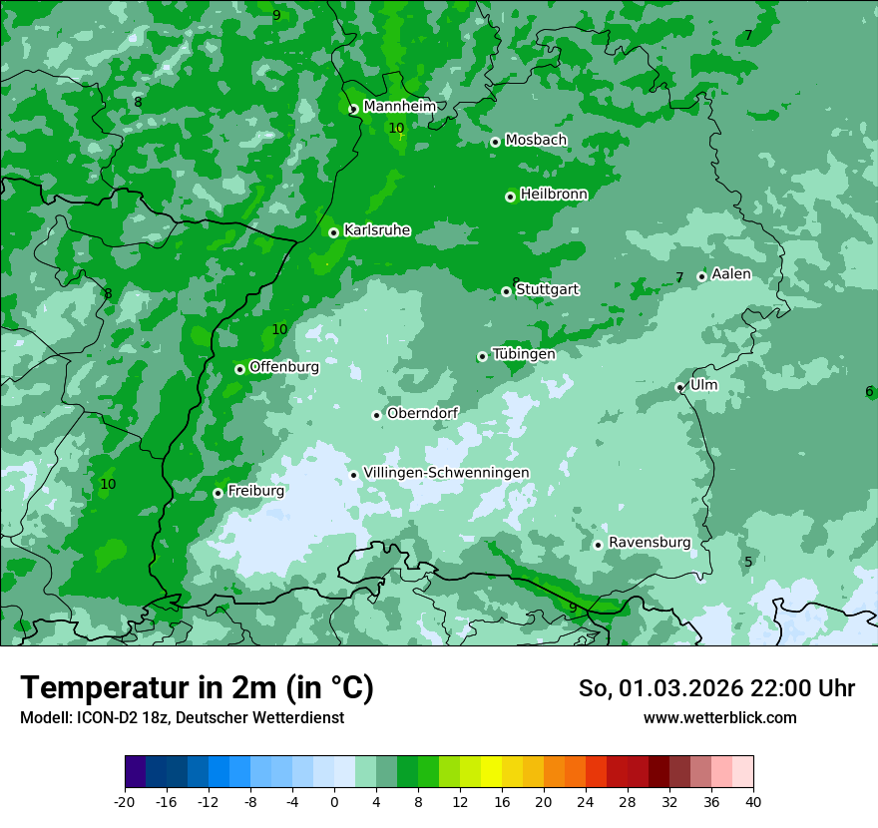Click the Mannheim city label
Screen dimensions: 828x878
pyautogui.click(x=399, y=106)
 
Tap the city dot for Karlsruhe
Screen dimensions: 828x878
pyautogui.click(x=333, y=232)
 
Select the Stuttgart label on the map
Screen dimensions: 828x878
pyautogui.click(x=547, y=289)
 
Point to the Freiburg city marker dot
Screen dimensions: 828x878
pyautogui.click(x=218, y=493)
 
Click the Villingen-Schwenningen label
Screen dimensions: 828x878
pyautogui.click(x=446, y=473)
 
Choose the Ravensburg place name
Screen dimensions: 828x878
pyautogui.click(x=650, y=543)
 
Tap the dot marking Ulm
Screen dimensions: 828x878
pyautogui.click(x=679, y=387)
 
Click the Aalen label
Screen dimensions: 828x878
pyautogui.click(x=731, y=274)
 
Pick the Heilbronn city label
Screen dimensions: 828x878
pyautogui.click(x=554, y=195)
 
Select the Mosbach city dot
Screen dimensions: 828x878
pyautogui.click(x=495, y=142)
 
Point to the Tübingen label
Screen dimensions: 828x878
pyautogui.click(x=524, y=354)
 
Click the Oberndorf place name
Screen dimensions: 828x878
pyautogui.click(x=422, y=413)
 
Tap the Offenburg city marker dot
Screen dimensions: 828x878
pyautogui.click(x=239, y=369)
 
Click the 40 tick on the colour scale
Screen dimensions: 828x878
pyautogui.click(x=752, y=801)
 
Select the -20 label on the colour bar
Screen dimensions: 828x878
pyautogui.click(x=125, y=801)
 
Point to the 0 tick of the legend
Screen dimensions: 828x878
pyautogui.click(x=334, y=801)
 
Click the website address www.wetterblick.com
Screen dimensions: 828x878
pyautogui.click(x=719, y=717)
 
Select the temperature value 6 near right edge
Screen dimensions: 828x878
pyautogui.click(x=869, y=391)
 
